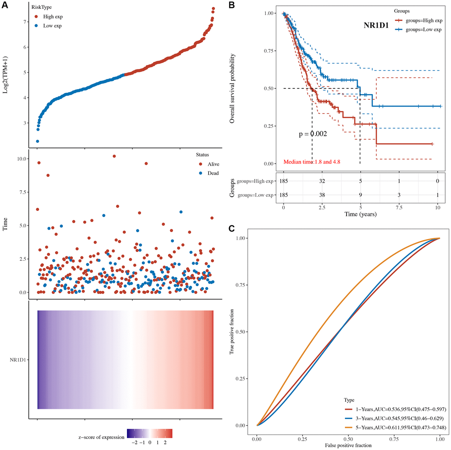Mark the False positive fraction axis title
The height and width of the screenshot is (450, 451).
[x=348, y=445]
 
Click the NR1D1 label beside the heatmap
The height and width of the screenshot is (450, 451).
[x=16, y=360]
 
